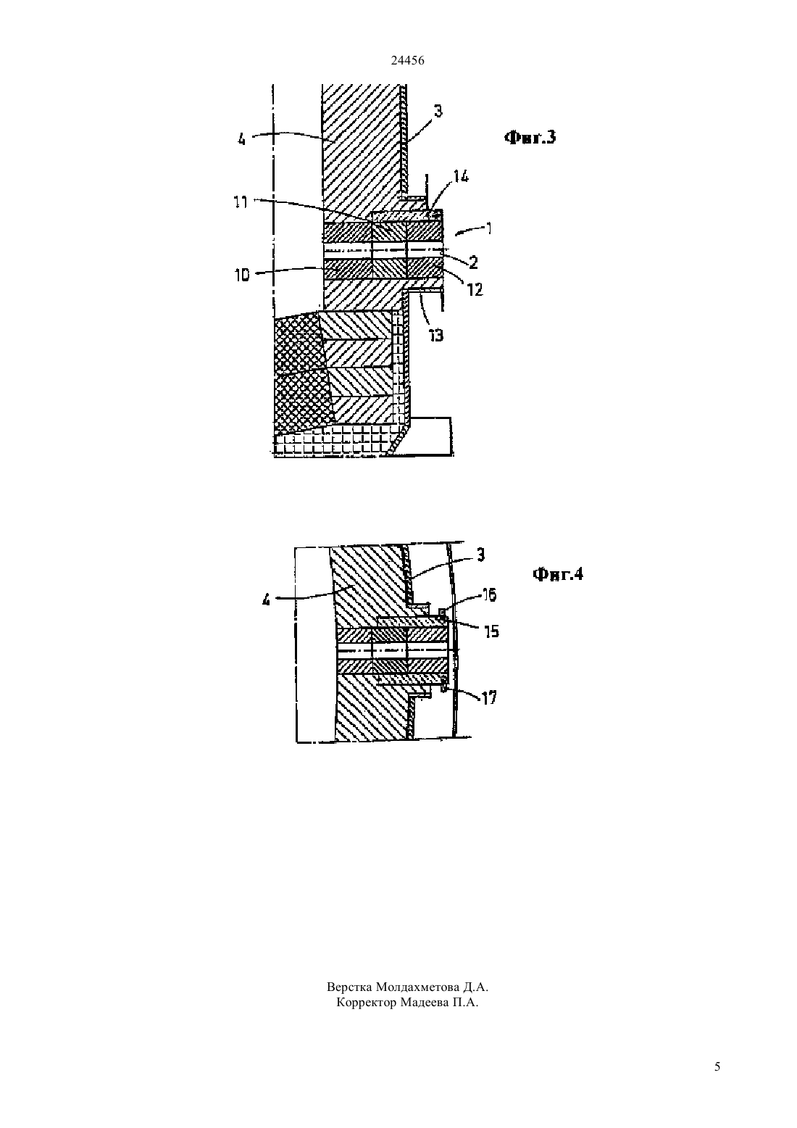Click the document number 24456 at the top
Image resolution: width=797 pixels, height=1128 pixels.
tap(407, 60)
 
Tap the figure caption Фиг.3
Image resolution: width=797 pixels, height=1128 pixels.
tap(530, 137)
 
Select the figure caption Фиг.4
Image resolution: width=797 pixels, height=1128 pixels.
tap(557, 573)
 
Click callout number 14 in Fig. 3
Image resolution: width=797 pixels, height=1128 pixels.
tap(461, 176)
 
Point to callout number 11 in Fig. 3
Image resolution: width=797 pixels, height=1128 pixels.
tap(241, 202)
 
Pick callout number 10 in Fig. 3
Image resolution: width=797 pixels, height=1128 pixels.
tap(242, 275)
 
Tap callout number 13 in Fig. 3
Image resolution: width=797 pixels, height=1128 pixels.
tap(435, 336)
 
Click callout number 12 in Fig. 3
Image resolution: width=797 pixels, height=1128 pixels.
tap(475, 289)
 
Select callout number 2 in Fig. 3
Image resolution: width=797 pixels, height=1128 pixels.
tap(473, 262)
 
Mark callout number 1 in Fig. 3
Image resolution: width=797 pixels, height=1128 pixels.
tap(488, 228)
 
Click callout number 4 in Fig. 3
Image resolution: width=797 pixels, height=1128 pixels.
tap(242, 139)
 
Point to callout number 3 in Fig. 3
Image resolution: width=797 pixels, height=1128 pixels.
tap(438, 112)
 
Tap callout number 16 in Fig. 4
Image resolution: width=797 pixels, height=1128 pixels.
tap(488, 594)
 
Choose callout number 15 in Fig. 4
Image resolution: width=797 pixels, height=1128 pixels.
tap(491, 631)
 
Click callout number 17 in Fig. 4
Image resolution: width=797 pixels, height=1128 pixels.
tap(489, 697)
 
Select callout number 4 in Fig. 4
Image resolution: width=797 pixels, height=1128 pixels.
tap(266, 600)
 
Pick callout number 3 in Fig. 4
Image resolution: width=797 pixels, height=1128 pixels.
tap(480, 555)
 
